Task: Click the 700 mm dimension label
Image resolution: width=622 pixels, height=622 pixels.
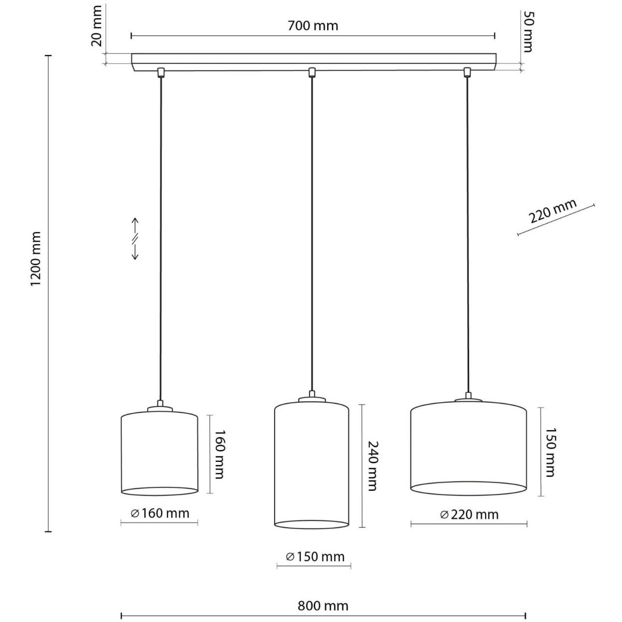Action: [313, 26]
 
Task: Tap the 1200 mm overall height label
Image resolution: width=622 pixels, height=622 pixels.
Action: [35, 259]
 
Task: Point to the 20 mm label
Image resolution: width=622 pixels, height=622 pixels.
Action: [96, 26]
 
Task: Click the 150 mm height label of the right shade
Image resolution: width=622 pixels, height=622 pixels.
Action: [550, 452]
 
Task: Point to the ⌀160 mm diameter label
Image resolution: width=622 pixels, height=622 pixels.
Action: [160, 513]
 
